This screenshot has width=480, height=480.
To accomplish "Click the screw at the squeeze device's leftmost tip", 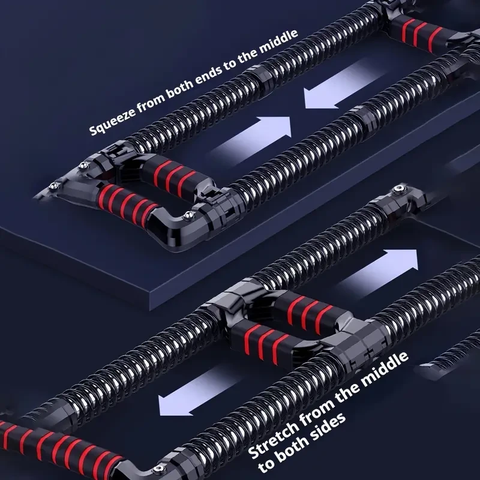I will pos(55,185).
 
